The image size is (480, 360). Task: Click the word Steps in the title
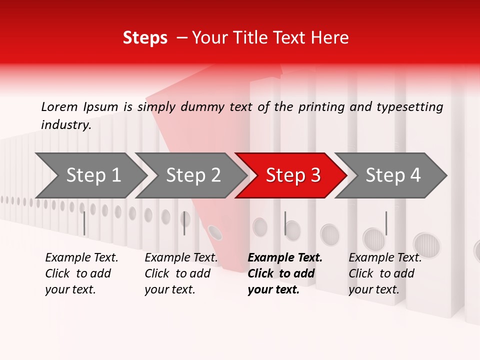point(145,38)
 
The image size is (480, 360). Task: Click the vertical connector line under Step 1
point(84,223)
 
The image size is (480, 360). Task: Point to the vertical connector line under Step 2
point(184,223)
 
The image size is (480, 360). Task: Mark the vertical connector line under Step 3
point(285,223)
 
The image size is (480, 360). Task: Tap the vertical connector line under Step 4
point(386,223)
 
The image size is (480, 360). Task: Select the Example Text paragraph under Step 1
point(81,273)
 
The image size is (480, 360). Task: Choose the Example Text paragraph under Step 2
point(181,273)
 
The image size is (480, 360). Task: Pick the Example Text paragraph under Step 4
point(384,273)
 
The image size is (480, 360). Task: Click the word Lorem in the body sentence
point(59,107)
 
